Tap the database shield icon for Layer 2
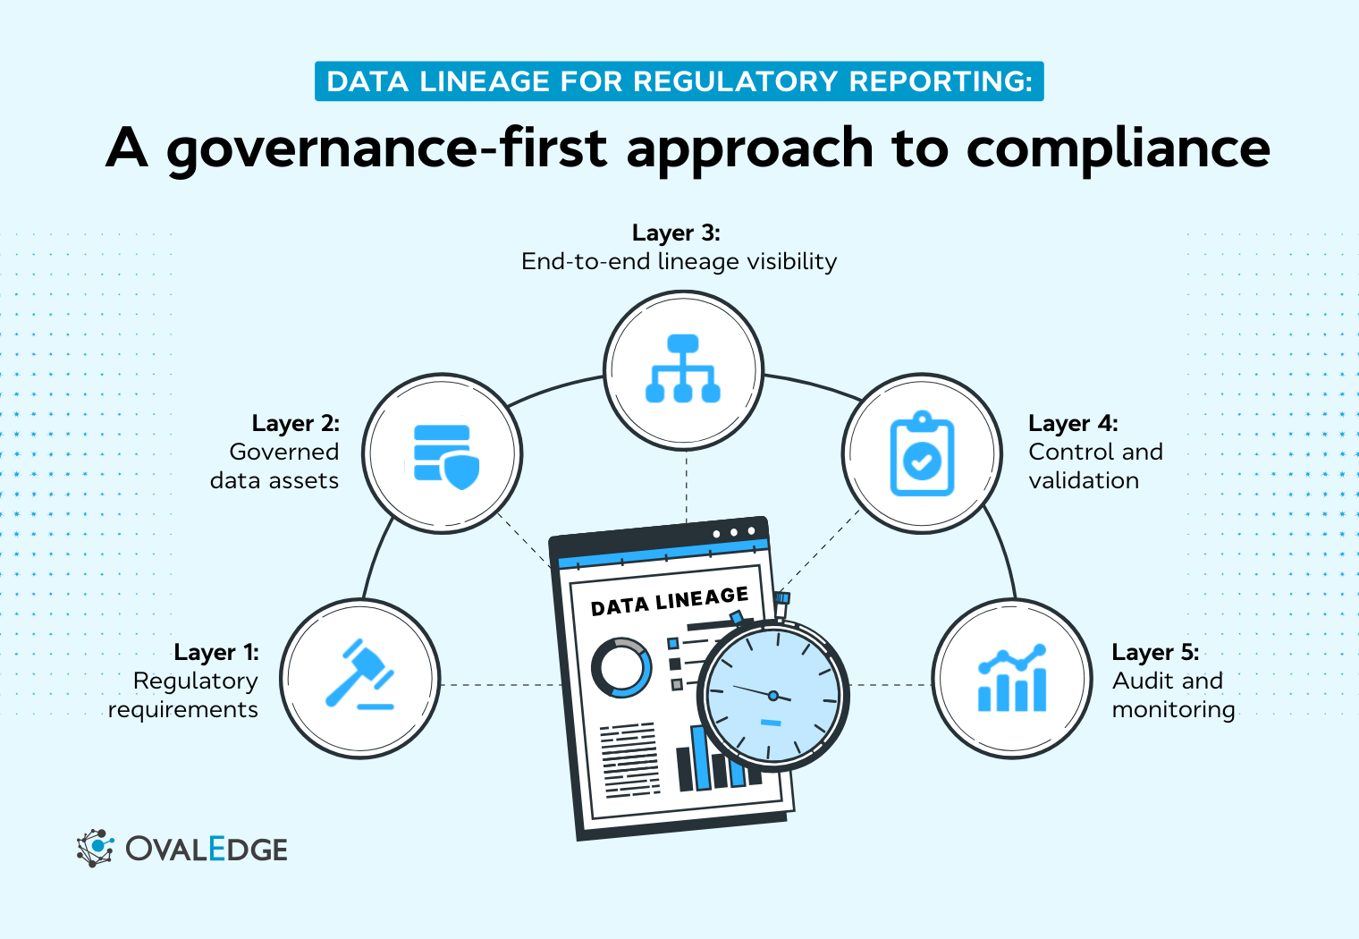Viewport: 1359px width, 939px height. [x=445, y=456]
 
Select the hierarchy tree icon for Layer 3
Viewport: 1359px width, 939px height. [x=683, y=368]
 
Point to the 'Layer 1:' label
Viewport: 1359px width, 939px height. [x=216, y=652]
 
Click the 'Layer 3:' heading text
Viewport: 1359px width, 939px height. [x=676, y=233]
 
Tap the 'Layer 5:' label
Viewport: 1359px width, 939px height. [x=1155, y=652]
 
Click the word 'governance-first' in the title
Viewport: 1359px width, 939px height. [x=386, y=148]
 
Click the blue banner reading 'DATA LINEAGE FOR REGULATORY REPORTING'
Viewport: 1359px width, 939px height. [x=679, y=81]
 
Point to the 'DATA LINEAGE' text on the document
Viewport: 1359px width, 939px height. [x=670, y=601]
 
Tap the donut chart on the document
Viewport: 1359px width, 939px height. [x=620, y=667]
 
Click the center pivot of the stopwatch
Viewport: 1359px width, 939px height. [x=773, y=695]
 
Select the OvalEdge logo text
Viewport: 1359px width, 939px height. [x=207, y=849]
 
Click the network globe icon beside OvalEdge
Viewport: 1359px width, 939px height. [x=95, y=848]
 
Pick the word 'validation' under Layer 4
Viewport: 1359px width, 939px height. [x=1084, y=480]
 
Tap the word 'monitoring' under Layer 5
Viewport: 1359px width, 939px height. [x=1173, y=709]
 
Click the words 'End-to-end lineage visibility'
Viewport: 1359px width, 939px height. [x=679, y=261]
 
